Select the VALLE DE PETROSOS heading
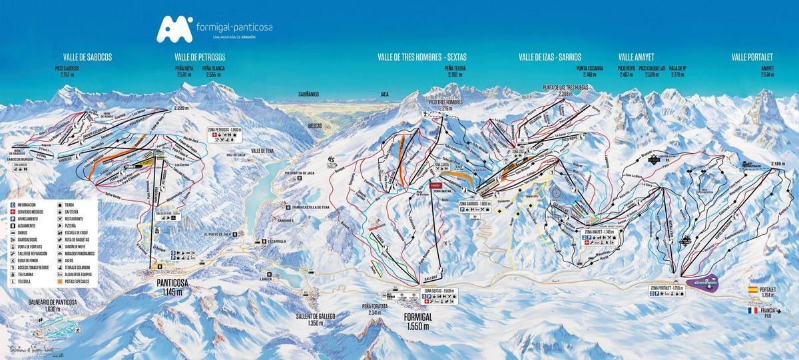(x=200, y=57)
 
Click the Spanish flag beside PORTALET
(x=753, y=290)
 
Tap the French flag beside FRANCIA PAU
(x=753, y=310)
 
